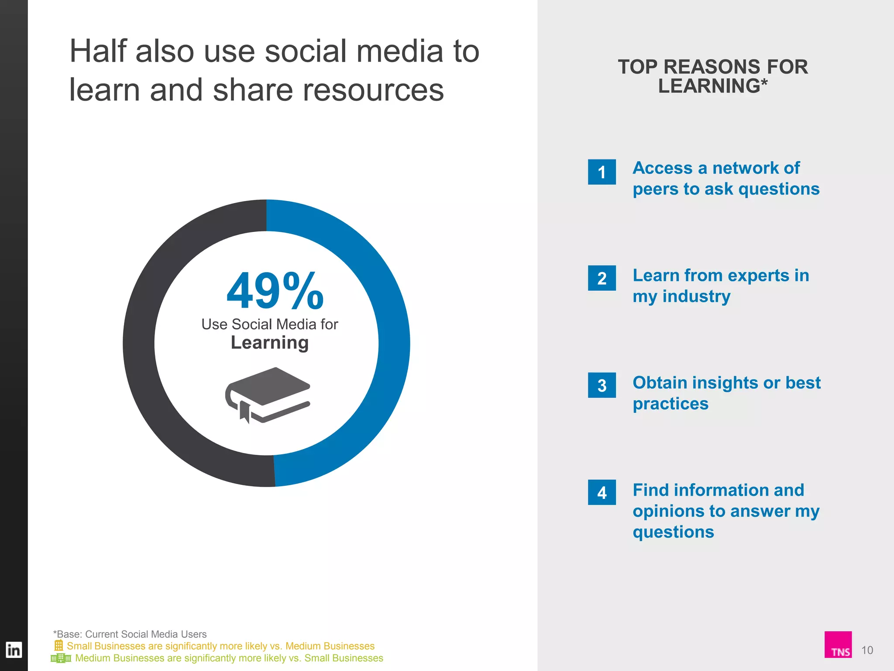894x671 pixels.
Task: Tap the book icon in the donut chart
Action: (x=268, y=394)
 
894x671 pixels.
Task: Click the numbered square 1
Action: (x=602, y=172)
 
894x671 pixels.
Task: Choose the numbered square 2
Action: (x=602, y=278)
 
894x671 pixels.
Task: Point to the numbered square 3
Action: (x=602, y=385)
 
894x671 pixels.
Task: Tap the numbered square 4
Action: (x=602, y=492)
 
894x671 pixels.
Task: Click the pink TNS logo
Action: (x=838, y=644)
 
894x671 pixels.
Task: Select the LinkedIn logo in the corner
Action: (x=14, y=650)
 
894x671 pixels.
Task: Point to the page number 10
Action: (x=867, y=650)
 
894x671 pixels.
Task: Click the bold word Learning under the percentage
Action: (x=269, y=343)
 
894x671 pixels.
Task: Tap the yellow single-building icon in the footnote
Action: (x=58, y=645)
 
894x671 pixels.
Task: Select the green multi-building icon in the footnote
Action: (x=61, y=658)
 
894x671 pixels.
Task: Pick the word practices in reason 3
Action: (x=670, y=404)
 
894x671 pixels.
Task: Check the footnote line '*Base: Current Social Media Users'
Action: (x=130, y=634)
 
